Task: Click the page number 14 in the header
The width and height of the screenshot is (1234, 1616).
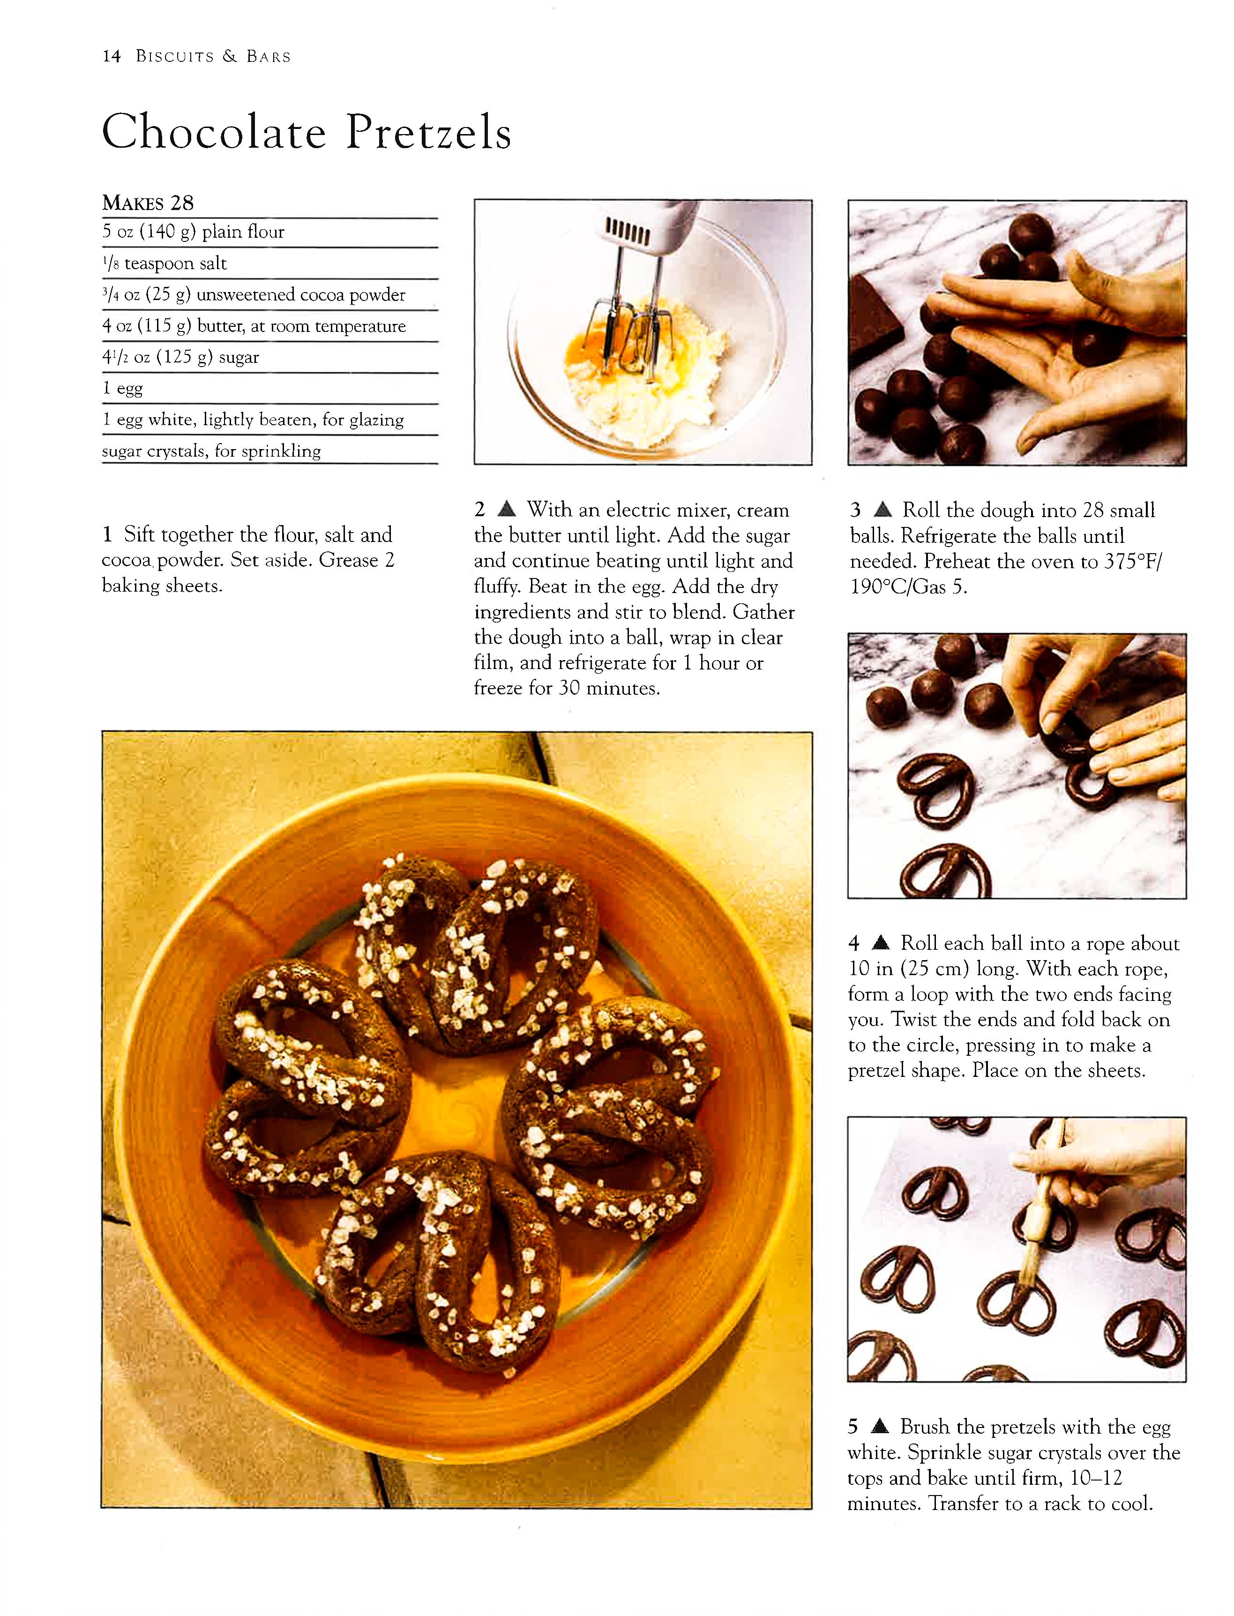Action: [112, 57]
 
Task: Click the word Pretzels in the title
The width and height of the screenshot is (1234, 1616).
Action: [428, 133]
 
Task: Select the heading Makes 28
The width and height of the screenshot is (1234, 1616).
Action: [148, 203]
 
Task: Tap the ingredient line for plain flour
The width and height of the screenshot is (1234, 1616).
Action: [193, 232]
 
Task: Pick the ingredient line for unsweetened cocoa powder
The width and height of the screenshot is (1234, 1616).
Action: [254, 294]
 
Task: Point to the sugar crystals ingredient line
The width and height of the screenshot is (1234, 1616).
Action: [211, 451]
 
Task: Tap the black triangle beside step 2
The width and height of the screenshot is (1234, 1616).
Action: [507, 509]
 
